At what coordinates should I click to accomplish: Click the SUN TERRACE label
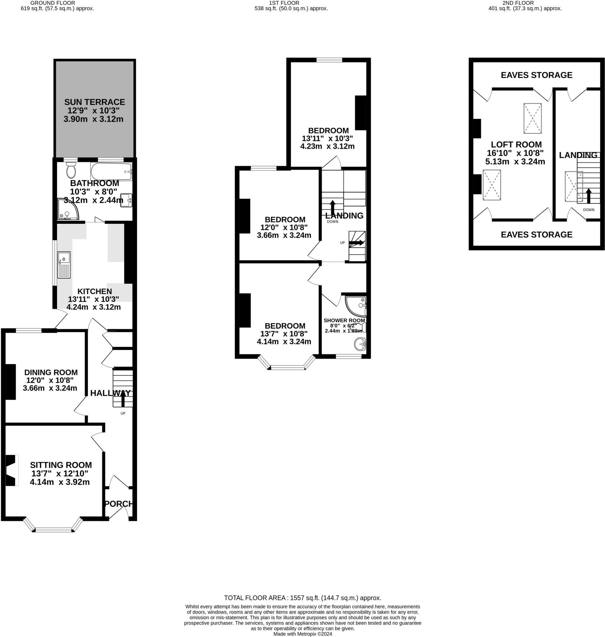(x=94, y=102)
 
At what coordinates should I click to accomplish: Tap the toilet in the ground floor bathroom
(x=71, y=170)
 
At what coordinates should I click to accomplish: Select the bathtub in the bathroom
(x=111, y=172)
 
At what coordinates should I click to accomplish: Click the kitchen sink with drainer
(x=64, y=265)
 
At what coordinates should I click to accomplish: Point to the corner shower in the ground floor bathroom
(x=67, y=210)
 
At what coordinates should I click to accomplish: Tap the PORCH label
(x=118, y=504)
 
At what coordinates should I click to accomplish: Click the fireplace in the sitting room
(x=11, y=470)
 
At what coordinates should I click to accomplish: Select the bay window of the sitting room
(x=53, y=529)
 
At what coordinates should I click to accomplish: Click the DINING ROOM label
(x=51, y=372)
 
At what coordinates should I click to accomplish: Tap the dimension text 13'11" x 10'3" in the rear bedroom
(x=327, y=138)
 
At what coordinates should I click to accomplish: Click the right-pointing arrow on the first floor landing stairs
(x=357, y=243)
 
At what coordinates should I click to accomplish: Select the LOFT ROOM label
(x=516, y=145)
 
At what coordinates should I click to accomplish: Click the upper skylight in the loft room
(x=532, y=118)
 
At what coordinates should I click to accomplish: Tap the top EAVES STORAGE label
(x=536, y=75)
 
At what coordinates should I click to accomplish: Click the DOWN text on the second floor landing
(x=588, y=210)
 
